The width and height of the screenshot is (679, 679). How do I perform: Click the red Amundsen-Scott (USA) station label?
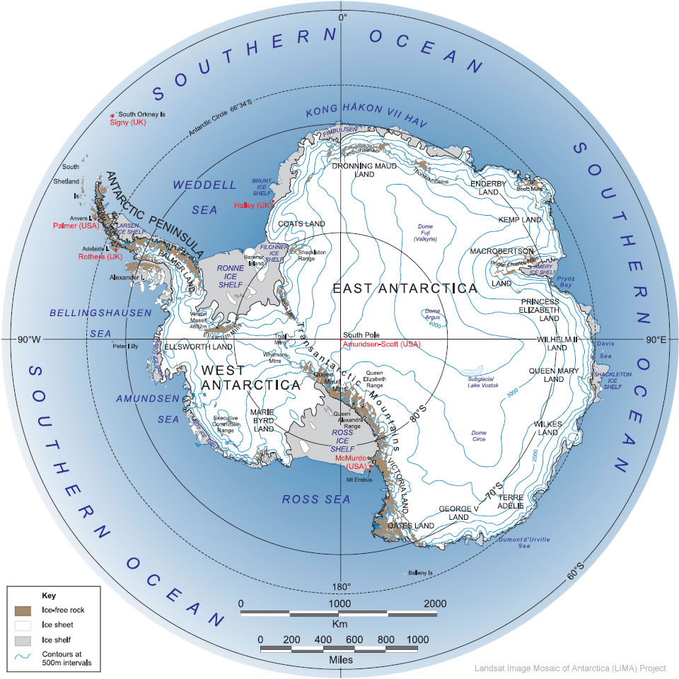[381, 344]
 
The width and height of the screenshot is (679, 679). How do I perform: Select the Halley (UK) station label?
[253, 205]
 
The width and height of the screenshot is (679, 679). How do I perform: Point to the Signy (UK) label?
[127, 122]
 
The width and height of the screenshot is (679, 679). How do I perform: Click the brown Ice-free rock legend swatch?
[23, 609]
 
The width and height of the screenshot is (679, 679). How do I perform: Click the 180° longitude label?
[341, 588]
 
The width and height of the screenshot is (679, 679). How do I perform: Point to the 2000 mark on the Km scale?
[434, 603]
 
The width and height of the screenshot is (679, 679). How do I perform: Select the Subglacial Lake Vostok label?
[484, 383]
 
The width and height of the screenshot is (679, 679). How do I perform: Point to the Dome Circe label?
[478, 436]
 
